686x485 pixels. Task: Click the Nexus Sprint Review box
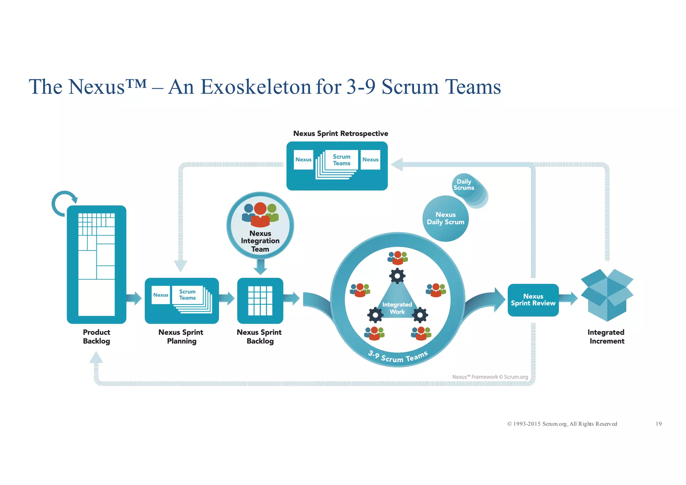coord(533,300)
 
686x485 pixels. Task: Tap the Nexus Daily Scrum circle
coord(445,219)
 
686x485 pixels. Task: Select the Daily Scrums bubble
coord(464,185)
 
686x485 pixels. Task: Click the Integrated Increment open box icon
coord(607,295)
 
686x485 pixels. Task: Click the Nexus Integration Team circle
coord(260,225)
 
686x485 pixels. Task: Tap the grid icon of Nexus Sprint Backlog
coord(260,300)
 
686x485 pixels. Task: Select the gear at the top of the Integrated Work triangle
coord(397,276)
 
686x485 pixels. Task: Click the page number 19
coord(658,424)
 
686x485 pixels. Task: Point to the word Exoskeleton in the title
coord(256,87)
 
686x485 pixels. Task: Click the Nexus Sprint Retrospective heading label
coord(341,134)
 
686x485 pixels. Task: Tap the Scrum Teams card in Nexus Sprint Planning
coord(188,295)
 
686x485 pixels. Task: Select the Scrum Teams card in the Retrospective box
coord(341,160)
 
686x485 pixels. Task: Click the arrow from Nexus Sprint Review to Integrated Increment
coord(568,298)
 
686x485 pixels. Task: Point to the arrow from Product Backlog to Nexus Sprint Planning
coord(134,298)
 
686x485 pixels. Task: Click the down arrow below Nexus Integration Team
coord(260,267)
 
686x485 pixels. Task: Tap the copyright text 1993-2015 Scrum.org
coord(562,424)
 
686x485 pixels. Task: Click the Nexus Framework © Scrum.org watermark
coord(490,377)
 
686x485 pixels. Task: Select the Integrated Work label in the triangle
coord(397,308)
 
